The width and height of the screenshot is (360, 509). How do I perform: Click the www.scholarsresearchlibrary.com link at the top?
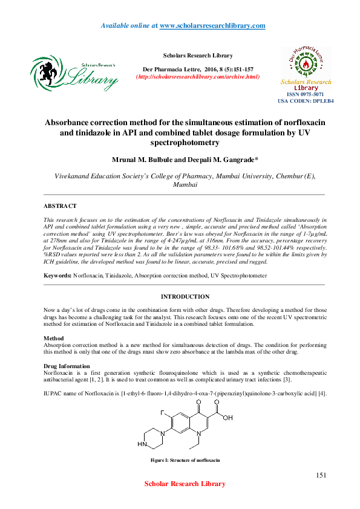[x=212, y=25]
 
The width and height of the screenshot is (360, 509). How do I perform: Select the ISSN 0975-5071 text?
[x=306, y=94]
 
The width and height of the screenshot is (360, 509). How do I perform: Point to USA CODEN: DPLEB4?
[x=306, y=101]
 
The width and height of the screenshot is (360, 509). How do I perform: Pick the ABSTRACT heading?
[x=60, y=206]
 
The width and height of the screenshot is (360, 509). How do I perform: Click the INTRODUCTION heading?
[x=185, y=297]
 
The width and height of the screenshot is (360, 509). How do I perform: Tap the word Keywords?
[x=57, y=276]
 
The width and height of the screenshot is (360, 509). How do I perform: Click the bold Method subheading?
[x=54, y=337]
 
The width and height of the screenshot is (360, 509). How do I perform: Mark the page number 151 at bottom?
[x=321, y=476]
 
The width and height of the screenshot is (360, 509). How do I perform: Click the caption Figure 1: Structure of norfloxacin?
[x=185, y=460]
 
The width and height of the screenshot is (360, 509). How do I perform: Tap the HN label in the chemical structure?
[x=142, y=444]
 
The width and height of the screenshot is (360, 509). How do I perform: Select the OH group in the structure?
[x=228, y=417]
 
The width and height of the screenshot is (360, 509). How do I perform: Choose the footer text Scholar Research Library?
[x=185, y=484]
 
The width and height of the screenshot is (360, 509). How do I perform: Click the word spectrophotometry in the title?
[x=185, y=142]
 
